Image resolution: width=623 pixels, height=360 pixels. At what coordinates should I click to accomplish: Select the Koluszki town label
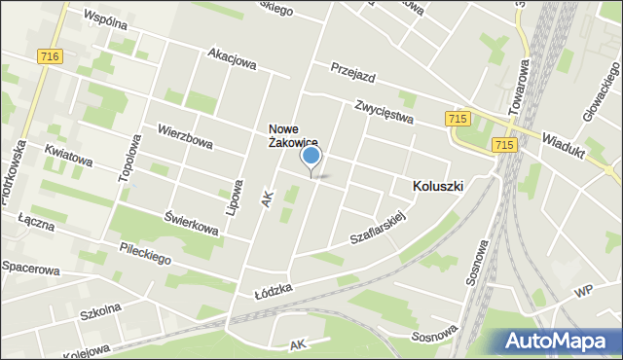pyautogui.click(x=437, y=185)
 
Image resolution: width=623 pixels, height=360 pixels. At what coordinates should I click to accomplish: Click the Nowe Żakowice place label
pyautogui.click(x=294, y=135)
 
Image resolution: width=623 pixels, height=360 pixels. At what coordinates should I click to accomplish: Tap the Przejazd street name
pyautogui.click(x=352, y=75)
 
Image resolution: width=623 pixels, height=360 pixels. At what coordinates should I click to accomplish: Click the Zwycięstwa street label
pyautogui.click(x=385, y=112)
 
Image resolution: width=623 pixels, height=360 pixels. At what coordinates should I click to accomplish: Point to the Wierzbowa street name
pyautogui.click(x=185, y=136)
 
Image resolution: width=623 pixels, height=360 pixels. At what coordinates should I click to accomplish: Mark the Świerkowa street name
pyautogui.click(x=191, y=223)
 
